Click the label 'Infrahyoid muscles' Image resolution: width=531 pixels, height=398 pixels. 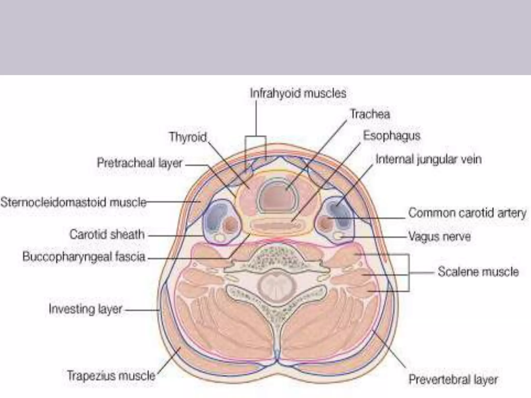point(298,93)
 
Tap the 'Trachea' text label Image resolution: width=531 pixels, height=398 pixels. point(370,114)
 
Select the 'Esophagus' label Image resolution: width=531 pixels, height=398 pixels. point(392,136)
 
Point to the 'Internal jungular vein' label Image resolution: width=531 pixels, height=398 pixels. point(429,159)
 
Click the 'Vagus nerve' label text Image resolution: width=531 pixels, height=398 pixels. point(439,236)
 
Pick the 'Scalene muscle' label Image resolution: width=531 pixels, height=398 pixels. point(478,272)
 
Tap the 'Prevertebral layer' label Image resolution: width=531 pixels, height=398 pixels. point(453,379)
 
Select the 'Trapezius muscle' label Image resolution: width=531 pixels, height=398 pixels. point(111,375)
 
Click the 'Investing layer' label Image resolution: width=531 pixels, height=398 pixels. point(85,309)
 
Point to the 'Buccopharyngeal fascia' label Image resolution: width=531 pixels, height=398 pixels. point(84,257)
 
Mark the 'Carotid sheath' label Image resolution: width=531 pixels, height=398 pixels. point(107,234)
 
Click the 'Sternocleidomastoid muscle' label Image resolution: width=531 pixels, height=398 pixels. point(73,202)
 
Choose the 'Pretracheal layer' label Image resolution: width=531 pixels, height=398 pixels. point(139,163)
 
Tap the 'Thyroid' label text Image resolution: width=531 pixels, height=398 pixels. point(188,137)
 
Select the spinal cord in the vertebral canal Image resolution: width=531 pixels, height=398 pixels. point(276,286)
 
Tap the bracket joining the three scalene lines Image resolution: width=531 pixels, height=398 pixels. point(409,273)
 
